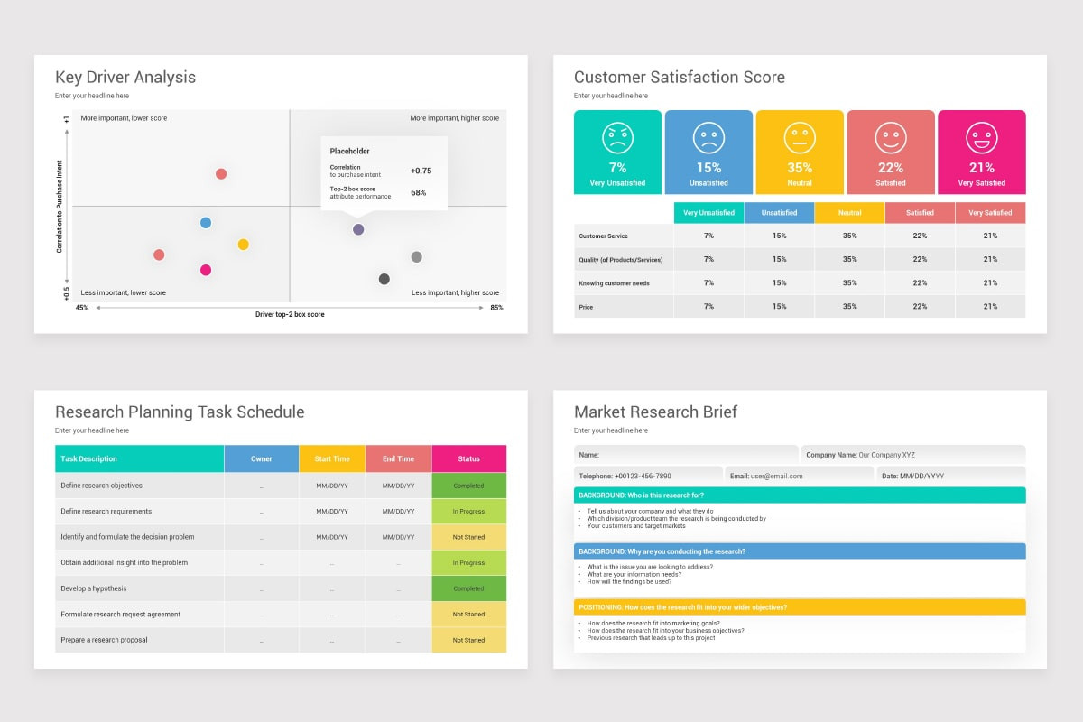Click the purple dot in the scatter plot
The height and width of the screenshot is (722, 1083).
point(358,229)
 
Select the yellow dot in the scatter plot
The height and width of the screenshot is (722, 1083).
point(243,245)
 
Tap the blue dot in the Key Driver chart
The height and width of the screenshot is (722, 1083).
point(206,223)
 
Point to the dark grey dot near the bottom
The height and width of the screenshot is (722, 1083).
point(384,279)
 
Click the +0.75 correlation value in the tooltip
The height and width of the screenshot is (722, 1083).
point(421,171)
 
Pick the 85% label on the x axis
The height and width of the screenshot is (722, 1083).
point(496,308)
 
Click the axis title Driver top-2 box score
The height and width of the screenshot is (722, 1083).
point(290,314)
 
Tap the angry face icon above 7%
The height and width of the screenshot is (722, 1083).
point(617,138)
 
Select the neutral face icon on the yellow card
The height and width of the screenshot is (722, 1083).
point(800,138)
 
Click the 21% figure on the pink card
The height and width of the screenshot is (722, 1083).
point(982,168)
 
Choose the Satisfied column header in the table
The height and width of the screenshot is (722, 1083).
point(920,213)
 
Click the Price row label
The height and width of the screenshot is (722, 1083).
point(586,307)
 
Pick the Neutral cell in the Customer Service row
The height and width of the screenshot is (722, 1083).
point(849,236)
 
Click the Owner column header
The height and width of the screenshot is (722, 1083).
point(261,458)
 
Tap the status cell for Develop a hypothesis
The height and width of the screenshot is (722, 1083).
point(468,588)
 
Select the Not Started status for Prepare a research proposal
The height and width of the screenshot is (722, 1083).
point(468,640)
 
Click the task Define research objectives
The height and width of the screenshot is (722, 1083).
point(101,486)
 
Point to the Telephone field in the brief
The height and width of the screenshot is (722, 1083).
point(648,476)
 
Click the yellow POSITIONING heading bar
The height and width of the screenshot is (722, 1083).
point(800,607)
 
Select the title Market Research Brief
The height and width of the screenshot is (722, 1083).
point(655,412)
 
